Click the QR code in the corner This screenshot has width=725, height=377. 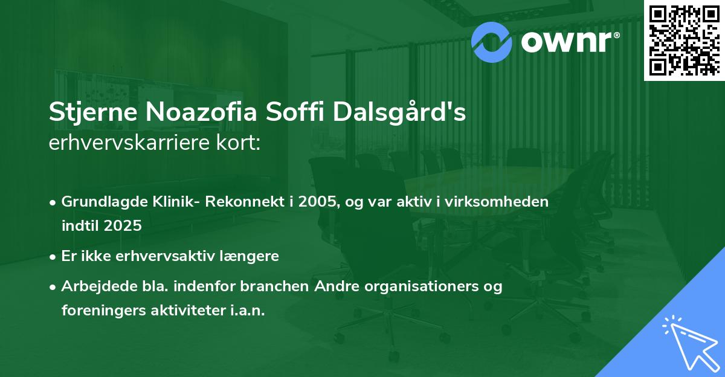click(684, 40)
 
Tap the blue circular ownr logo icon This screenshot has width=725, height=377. click(491, 42)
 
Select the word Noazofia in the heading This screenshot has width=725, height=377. click(201, 112)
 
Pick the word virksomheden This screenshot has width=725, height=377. click(497, 202)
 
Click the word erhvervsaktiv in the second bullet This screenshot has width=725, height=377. click(165, 256)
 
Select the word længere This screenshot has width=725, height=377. click(249, 257)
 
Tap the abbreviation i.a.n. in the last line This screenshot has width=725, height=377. click(248, 311)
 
